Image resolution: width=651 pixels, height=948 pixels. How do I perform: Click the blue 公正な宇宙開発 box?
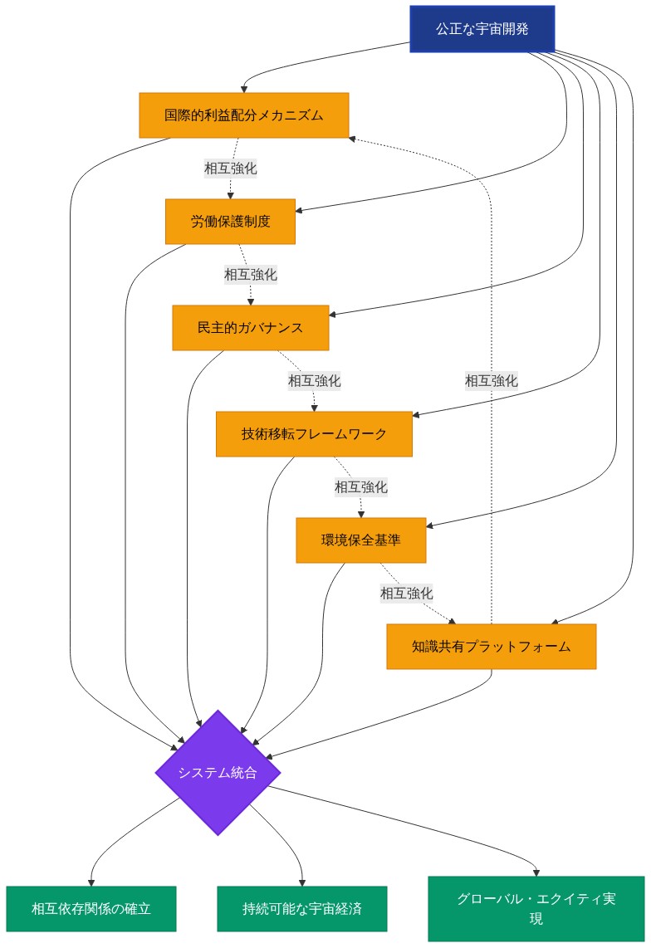[482, 29]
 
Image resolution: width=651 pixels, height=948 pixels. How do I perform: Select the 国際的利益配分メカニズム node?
[243, 115]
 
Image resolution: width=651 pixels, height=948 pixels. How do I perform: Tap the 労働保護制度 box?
[230, 222]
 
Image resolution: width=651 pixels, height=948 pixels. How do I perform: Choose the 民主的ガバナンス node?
[250, 328]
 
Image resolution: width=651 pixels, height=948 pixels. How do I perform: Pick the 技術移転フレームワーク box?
[314, 434]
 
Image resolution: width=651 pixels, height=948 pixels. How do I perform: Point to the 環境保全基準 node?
[360, 540]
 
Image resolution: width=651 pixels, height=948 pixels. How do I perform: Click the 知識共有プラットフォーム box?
[491, 647]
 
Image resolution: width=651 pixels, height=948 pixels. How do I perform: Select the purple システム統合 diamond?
[218, 773]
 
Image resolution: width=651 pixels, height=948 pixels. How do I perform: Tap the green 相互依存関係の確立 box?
[91, 909]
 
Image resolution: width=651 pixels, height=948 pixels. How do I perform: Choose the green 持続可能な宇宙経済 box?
[302, 909]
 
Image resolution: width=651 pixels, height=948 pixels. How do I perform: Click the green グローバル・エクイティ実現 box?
[536, 909]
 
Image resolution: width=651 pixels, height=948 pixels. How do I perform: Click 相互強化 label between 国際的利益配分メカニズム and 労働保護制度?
[231, 169]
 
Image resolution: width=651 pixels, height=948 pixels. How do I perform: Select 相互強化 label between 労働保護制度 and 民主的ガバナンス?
[250, 274]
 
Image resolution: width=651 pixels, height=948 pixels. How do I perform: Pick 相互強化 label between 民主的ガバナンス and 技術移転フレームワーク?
[314, 381]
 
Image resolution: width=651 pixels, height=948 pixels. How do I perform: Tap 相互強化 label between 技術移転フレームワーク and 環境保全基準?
[360, 487]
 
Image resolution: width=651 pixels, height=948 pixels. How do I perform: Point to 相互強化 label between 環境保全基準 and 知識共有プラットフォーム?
[406, 594]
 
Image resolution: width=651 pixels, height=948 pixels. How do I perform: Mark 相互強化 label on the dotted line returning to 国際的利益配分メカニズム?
[491, 381]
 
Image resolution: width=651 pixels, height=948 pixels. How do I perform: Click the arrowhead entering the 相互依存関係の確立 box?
[90, 882]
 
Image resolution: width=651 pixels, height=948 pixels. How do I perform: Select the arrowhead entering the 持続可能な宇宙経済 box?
[301, 882]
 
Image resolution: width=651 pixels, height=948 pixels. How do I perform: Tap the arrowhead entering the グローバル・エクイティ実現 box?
[536, 872]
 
